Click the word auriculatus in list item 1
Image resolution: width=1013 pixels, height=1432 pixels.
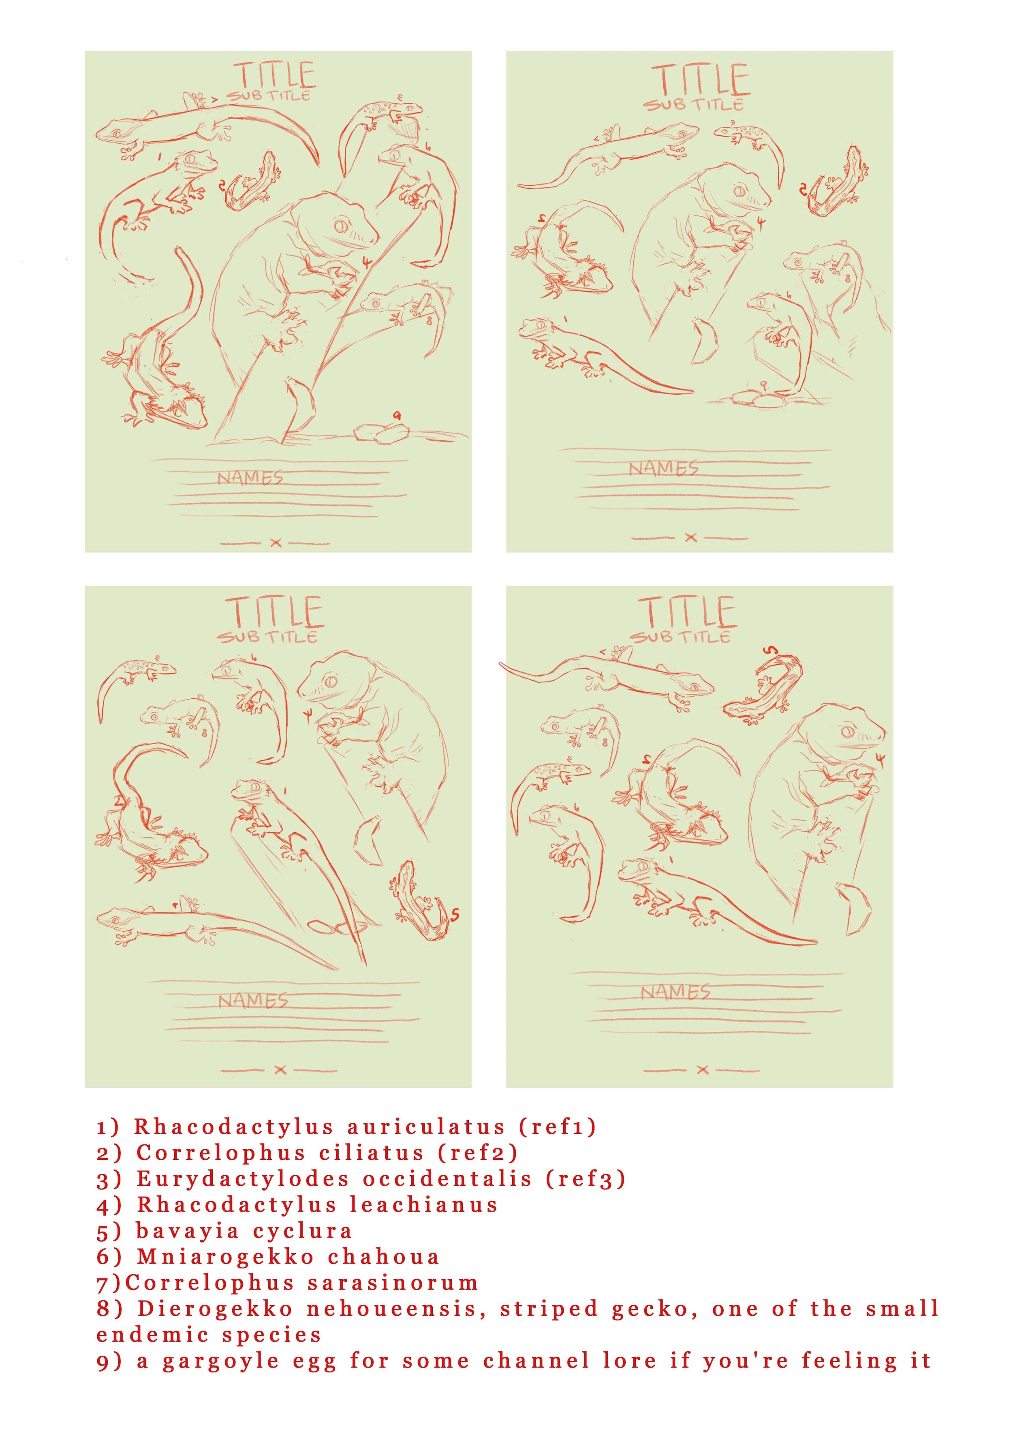(x=425, y=1127)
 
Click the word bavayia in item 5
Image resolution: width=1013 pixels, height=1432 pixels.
(x=187, y=1231)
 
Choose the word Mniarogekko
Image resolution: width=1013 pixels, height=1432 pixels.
(x=225, y=1257)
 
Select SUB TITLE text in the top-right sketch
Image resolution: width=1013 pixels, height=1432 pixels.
(x=694, y=104)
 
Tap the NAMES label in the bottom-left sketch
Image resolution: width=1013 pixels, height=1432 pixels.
(x=252, y=1001)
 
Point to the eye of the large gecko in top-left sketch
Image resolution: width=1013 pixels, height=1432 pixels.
(x=341, y=224)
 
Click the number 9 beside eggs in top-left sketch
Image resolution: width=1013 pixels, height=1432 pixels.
(x=397, y=415)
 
